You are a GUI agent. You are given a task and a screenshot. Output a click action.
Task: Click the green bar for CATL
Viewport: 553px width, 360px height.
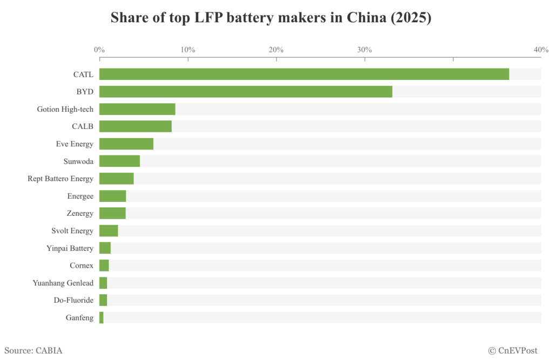(x=304, y=74)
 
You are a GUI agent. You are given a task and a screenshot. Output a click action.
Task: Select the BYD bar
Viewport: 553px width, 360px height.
(x=245, y=92)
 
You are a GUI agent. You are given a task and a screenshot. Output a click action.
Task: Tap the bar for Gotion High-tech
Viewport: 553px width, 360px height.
(x=137, y=109)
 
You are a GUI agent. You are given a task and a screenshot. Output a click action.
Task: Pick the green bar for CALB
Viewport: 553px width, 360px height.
(x=135, y=126)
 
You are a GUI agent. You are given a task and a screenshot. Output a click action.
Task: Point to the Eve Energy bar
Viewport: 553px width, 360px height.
(x=126, y=144)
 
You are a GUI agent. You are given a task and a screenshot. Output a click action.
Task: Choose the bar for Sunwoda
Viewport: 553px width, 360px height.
(x=119, y=161)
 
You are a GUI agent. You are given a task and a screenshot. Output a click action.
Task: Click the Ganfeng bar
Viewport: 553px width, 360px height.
(x=102, y=318)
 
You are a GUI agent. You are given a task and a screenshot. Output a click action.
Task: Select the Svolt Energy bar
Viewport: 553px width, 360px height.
(x=109, y=231)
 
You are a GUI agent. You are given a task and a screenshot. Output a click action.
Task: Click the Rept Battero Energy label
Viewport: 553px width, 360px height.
(x=60, y=179)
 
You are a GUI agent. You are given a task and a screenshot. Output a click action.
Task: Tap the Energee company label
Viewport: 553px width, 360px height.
(x=80, y=196)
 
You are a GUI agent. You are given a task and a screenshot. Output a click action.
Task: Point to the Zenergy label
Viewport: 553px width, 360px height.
(x=80, y=213)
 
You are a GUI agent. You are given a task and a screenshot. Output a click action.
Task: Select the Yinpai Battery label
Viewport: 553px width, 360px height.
(x=70, y=248)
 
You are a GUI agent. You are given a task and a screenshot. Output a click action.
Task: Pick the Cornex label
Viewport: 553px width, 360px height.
(x=82, y=266)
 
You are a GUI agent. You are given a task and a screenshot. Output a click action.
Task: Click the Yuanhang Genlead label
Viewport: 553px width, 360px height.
(x=63, y=283)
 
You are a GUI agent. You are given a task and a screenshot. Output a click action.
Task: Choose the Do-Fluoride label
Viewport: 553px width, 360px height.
(x=73, y=300)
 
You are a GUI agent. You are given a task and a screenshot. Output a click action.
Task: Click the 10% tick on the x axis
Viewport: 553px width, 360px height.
(x=187, y=50)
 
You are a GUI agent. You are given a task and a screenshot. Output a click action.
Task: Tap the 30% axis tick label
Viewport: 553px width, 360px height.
(x=365, y=50)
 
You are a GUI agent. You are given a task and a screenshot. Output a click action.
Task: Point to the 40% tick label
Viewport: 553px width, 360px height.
(x=541, y=50)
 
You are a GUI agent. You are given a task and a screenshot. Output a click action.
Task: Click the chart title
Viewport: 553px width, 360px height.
(x=271, y=17)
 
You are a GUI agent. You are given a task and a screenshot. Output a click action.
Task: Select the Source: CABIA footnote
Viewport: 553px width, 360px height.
(x=33, y=351)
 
